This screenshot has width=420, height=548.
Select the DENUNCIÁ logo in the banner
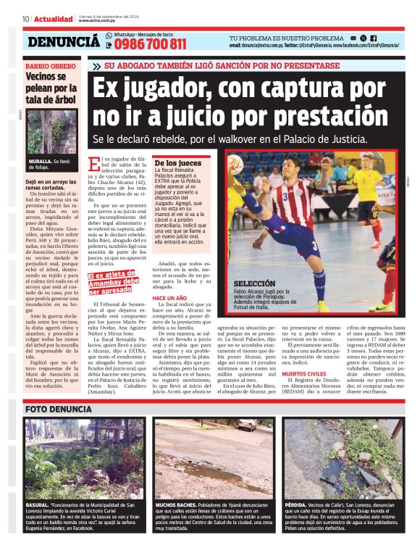click(64, 43)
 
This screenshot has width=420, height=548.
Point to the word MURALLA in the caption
click(40, 162)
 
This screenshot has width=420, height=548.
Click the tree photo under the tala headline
click(52, 131)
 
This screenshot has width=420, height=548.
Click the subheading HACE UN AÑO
click(169, 299)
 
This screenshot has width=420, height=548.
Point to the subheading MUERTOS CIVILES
click(306, 374)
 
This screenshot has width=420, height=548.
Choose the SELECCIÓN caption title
click(254, 284)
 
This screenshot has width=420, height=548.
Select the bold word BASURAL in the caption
click(37, 505)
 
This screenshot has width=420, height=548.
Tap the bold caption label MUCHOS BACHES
click(176, 505)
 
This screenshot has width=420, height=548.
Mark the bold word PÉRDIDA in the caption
click(295, 505)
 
